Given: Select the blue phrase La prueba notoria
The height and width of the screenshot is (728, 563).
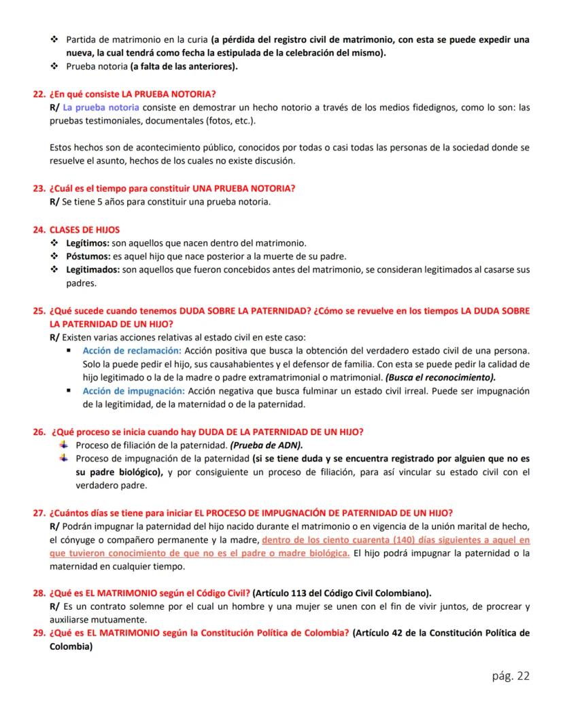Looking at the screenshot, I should coord(101,107).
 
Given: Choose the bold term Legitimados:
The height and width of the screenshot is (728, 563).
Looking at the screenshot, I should coord(92,270).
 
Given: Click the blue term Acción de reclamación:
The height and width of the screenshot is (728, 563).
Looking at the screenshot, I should coord(132,350).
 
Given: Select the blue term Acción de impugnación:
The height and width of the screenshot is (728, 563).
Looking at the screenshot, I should coord(133,391).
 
